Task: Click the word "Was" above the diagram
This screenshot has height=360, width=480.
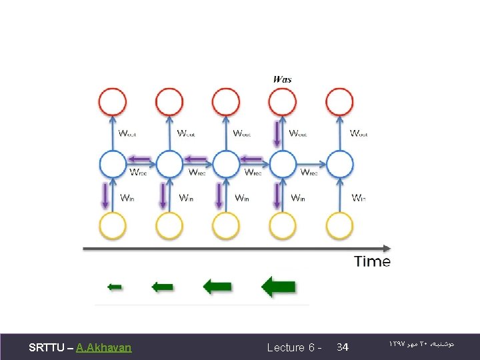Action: pos(283,79)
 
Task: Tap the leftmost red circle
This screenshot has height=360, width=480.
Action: pos(113,103)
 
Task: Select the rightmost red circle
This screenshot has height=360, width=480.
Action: pos(340,103)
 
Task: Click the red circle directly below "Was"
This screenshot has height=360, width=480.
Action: pos(283,103)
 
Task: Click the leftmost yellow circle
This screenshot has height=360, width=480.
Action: pos(113,225)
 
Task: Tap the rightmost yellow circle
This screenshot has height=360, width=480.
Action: pos(340,225)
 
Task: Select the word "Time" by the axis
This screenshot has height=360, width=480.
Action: pos(372,261)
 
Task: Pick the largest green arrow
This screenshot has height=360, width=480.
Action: pos(278,287)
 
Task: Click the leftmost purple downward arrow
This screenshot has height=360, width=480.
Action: pos(105,196)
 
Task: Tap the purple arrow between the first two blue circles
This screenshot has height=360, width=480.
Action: pos(141,159)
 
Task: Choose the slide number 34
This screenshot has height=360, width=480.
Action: pos(343,347)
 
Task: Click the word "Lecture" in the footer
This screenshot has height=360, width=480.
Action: pos(286,347)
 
